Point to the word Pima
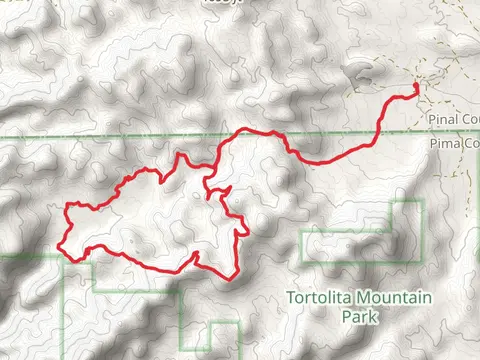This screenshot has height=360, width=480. (x=441, y=144)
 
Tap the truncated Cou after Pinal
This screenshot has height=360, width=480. (x=469, y=119)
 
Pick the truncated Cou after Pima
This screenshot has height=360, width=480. (x=468, y=144)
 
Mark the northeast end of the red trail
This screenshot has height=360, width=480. (x=415, y=91)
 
